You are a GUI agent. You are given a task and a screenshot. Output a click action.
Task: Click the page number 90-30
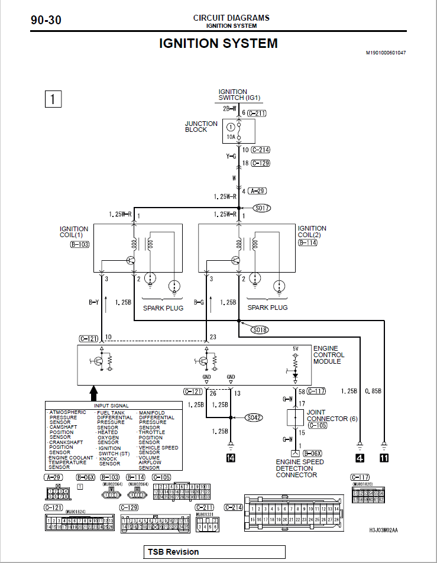click(46, 20)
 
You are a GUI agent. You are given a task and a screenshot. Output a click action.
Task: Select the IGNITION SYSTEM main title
click(218, 43)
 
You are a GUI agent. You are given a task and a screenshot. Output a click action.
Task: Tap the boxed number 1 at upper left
click(53, 99)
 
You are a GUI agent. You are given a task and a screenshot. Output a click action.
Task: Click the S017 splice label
click(261, 208)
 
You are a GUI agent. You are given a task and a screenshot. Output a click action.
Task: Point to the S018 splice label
click(260, 330)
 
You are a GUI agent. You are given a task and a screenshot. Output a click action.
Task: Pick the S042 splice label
click(254, 418)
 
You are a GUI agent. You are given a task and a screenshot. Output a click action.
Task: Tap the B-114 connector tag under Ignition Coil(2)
click(309, 242)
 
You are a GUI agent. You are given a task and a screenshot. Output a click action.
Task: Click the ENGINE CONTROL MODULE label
click(328, 355)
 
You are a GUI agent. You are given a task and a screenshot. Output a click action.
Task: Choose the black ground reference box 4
click(360, 457)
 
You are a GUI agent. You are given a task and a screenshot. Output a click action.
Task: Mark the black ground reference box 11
click(384, 457)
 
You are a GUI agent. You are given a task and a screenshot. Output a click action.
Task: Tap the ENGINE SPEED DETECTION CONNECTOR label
click(300, 468)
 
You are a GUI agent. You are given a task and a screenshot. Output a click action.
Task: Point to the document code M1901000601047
click(386, 53)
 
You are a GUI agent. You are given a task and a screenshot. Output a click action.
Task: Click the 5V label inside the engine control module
click(296, 348)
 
